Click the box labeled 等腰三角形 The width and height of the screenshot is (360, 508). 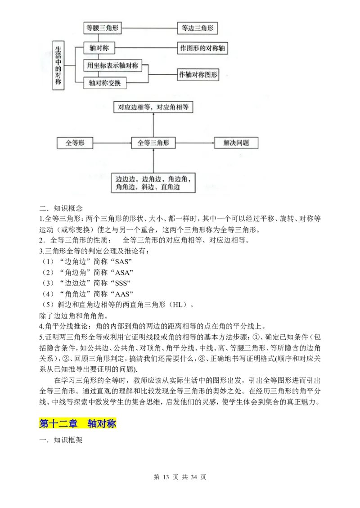[x=103, y=28]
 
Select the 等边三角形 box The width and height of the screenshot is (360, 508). [x=198, y=28]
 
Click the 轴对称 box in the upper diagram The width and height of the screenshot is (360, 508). [x=99, y=48]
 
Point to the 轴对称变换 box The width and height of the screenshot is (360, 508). [x=105, y=82]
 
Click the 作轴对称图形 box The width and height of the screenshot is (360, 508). [x=198, y=75]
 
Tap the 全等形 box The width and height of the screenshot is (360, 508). [x=75, y=143]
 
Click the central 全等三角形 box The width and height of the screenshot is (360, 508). [x=153, y=143]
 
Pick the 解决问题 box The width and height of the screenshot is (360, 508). [x=236, y=143]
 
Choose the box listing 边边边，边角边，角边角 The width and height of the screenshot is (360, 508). [x=153, y=183]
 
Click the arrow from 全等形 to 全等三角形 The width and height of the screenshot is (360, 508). [x=112, y=143]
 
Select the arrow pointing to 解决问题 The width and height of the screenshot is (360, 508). [x=194, y=143]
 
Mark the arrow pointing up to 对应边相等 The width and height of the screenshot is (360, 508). [x=153, y=125]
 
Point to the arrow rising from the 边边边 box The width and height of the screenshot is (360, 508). [x=153, y=161]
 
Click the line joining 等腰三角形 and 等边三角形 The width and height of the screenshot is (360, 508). [x=149, y=28]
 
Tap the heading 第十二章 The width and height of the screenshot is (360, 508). [x=58, y=423]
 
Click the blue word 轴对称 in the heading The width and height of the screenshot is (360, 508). [x=102, y=423]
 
